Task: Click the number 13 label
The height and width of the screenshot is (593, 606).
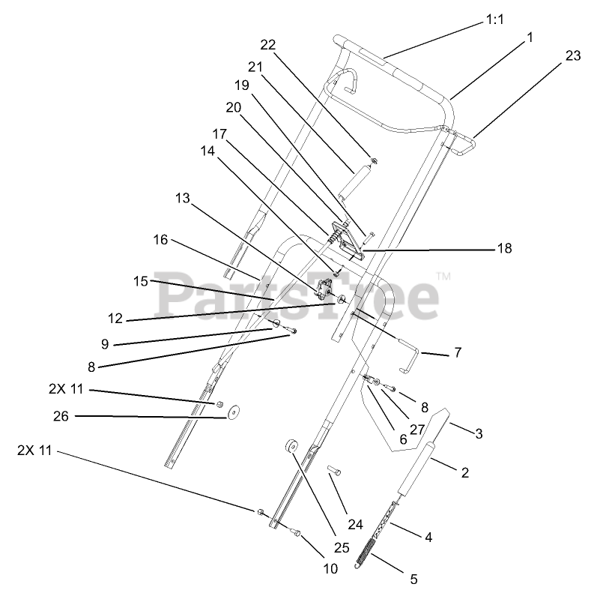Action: pyautogui.click(x=184, y=198)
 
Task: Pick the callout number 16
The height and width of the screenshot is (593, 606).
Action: pyautogui.click(x=161, y=240)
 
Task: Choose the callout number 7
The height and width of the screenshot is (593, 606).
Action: pyautogui.click(x=458, y=352)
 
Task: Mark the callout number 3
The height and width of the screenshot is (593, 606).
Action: pyautogui.click(x=477, y=433)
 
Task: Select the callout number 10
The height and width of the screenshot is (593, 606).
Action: pyautogui.click(x=330, y=568)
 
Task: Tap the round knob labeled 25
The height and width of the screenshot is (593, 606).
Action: pyautogui.click(x=291, y=448)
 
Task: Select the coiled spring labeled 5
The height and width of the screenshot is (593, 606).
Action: pyautogui.click(x=369, y=556)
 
